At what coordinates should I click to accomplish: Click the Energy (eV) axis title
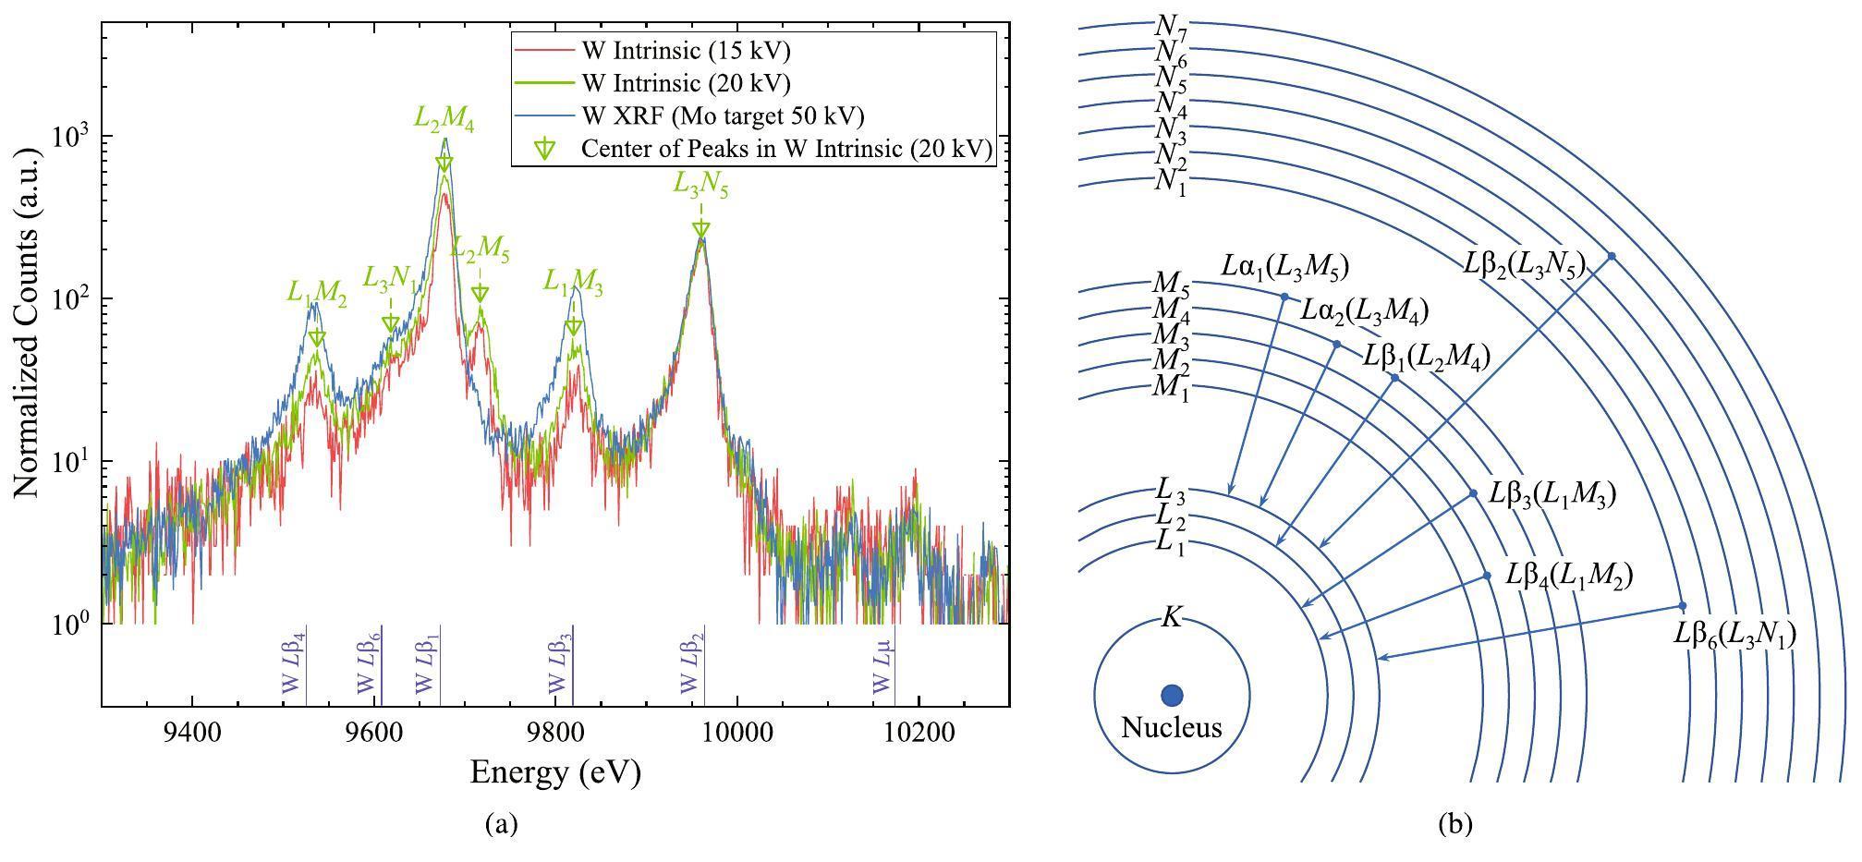click(554, 772)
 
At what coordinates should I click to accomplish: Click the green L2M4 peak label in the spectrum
click(444, 119)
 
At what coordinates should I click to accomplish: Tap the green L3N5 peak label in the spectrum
click(700, 186)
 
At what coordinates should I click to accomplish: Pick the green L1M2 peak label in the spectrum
click(316, 294)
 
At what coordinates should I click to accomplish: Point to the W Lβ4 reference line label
click(292, 663)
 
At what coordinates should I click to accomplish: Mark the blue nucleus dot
click(1172, 695)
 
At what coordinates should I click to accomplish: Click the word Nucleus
click(1172, 728)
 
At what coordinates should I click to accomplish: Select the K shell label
click(1171, 618)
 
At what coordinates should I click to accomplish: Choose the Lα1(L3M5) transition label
click(1284, 268)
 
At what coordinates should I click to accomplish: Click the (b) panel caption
click(1455, 824)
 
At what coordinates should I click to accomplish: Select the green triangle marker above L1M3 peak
click(574, 327)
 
